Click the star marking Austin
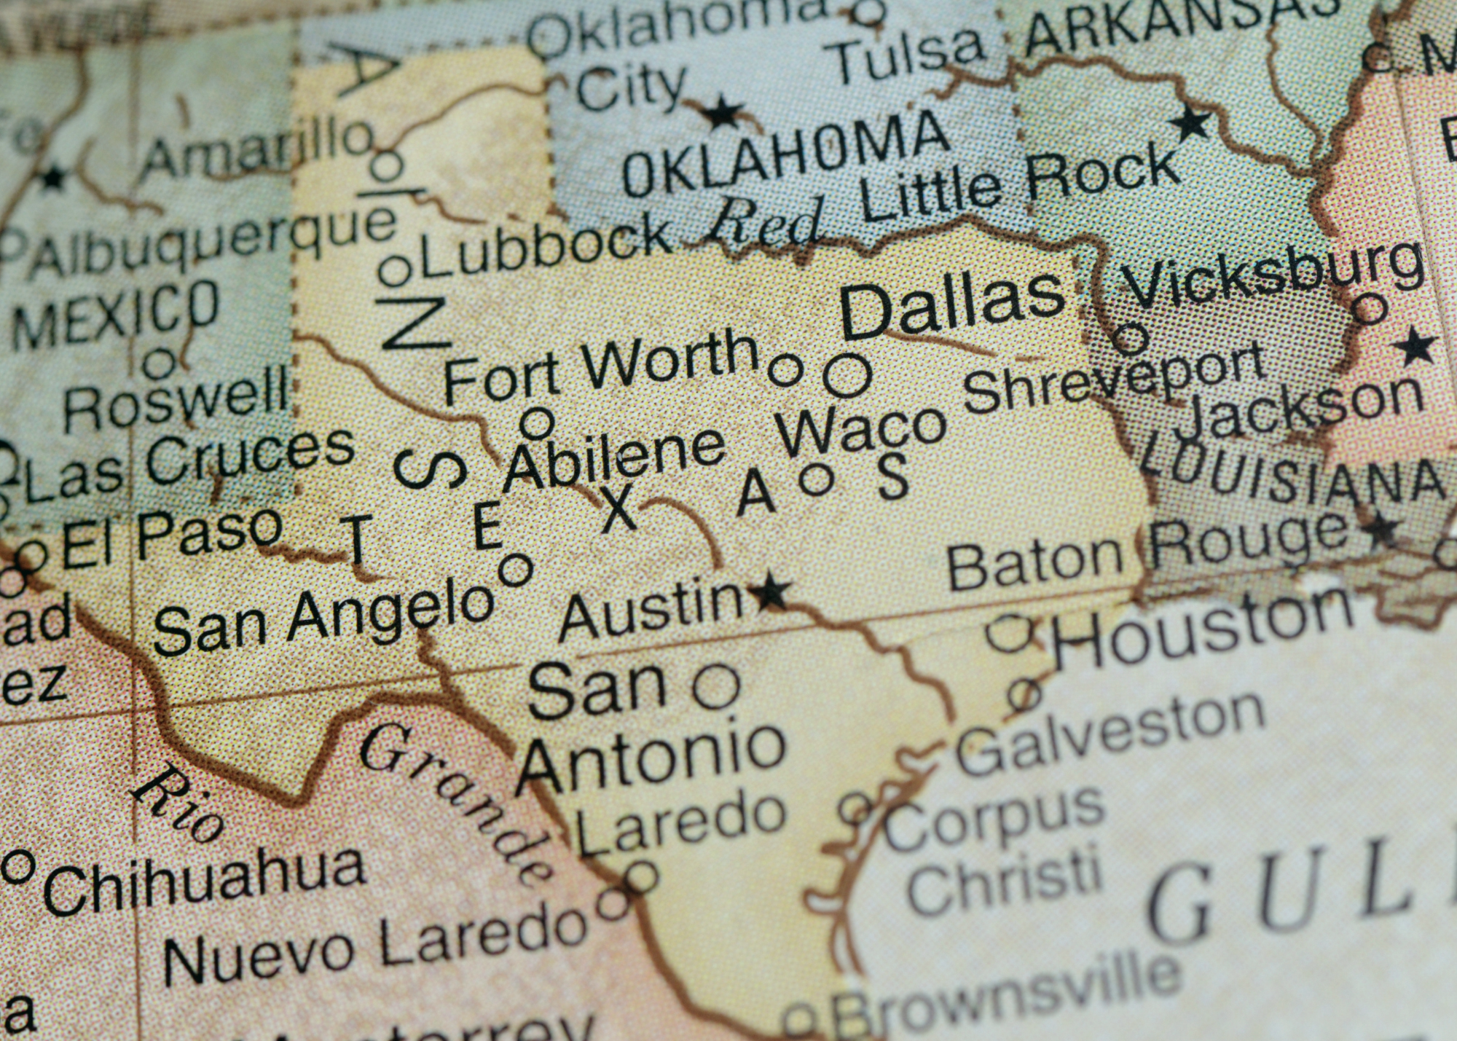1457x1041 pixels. [x=771, y=591]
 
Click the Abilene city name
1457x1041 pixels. [x=614, y=458]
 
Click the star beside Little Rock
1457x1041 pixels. [x=1192, y=122]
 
